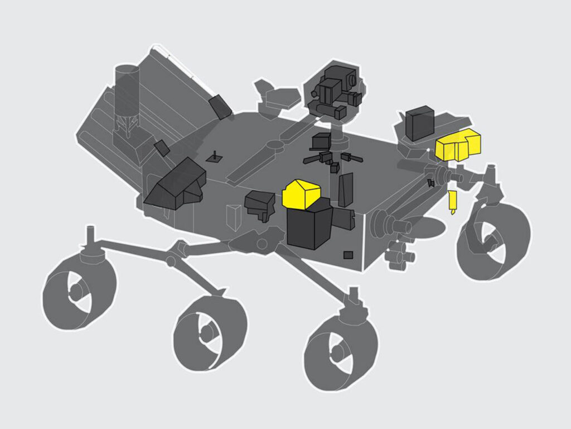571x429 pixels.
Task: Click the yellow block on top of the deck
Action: (x=301, y=193)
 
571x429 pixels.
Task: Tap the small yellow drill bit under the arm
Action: (x=453, y=202)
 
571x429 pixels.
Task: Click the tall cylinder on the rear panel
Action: (x=127, y=95)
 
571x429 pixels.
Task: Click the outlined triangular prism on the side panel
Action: (x=233, y=217)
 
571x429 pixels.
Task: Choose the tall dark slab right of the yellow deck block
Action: (x=346, y=189)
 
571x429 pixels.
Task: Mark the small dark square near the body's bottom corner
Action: (x=348, y=255)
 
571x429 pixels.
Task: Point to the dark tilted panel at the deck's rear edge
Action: (x=221, y=106)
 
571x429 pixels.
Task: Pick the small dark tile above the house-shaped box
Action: (x=162, y=148)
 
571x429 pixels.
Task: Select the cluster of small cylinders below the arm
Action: (x=400, y=255)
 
